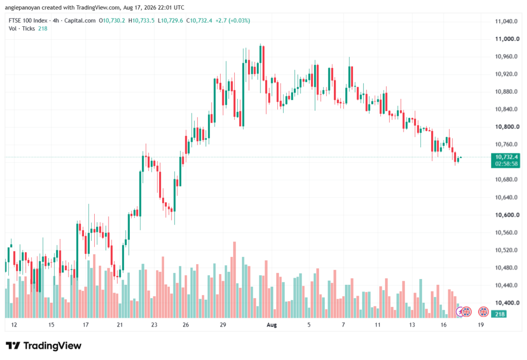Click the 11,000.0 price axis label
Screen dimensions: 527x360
click(507, 39)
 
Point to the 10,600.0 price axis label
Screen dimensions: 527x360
click(507, 215)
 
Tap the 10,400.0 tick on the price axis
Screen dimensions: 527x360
click(506, 303)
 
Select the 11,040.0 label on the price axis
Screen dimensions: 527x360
click(506, 21)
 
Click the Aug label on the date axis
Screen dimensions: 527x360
click(272, 325)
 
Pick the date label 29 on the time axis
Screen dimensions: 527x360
click(223, 325)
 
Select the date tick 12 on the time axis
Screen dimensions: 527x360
click(14, 325)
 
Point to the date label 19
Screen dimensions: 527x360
click(481, 325)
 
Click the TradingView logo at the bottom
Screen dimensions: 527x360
click(44, 346)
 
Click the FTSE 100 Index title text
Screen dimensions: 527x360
click(28, 21)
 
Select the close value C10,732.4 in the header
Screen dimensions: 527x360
click(199, 21)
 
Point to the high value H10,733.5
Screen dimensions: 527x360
click(142, 21)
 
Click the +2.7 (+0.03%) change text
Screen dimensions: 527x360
click(233, 21)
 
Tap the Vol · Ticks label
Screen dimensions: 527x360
click(22, 29)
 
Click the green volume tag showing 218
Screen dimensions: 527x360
click(500, 314)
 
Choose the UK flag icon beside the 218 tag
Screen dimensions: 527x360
click(483, 312)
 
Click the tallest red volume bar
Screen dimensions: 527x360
click(234, 280)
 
